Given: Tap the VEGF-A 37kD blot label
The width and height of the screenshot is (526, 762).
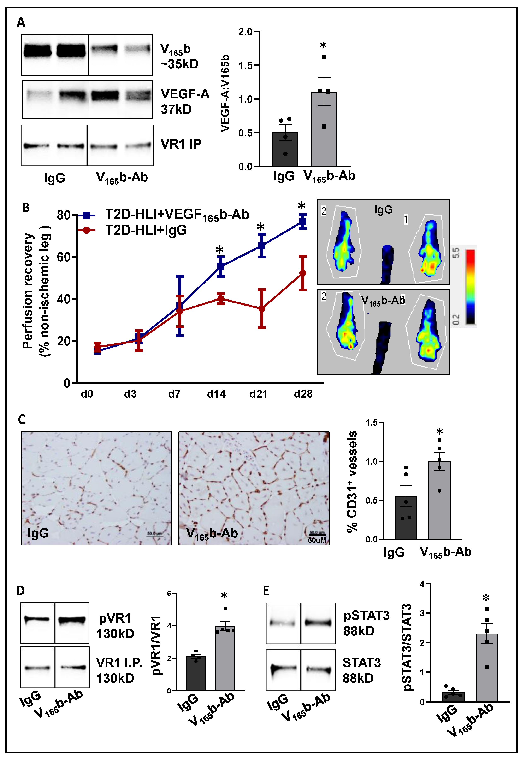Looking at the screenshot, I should (x=185, y=101).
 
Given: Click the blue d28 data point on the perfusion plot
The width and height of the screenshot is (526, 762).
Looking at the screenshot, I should (x=303, y=222).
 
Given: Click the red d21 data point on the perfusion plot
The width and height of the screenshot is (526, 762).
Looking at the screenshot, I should (x=262, y=309).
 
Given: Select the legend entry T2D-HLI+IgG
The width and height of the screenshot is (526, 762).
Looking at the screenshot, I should (x=146, y=230).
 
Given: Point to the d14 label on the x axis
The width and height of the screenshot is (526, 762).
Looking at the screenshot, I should (x=216, y=394).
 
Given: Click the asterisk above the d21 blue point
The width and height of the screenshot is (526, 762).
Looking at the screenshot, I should (x=261, y=227).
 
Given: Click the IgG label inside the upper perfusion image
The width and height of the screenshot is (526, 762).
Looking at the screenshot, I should (x=383, y=210).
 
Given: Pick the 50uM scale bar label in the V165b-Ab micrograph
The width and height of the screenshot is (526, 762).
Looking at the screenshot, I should (x=317, y=540).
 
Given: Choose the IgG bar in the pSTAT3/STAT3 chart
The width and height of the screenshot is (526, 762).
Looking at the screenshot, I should (x=453, y=697).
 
